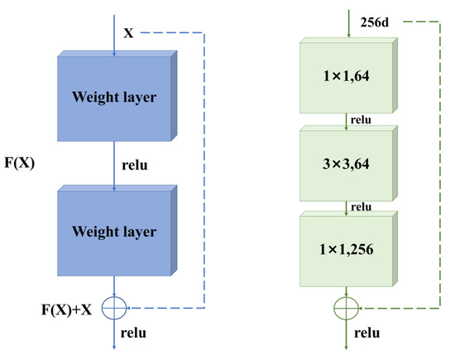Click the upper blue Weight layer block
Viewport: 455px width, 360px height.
coord(113,98)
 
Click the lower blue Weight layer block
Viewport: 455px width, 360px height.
coord(113,231)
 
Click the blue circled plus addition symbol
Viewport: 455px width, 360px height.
coord(112,308)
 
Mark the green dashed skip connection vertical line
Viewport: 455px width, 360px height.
coord(438,166)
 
